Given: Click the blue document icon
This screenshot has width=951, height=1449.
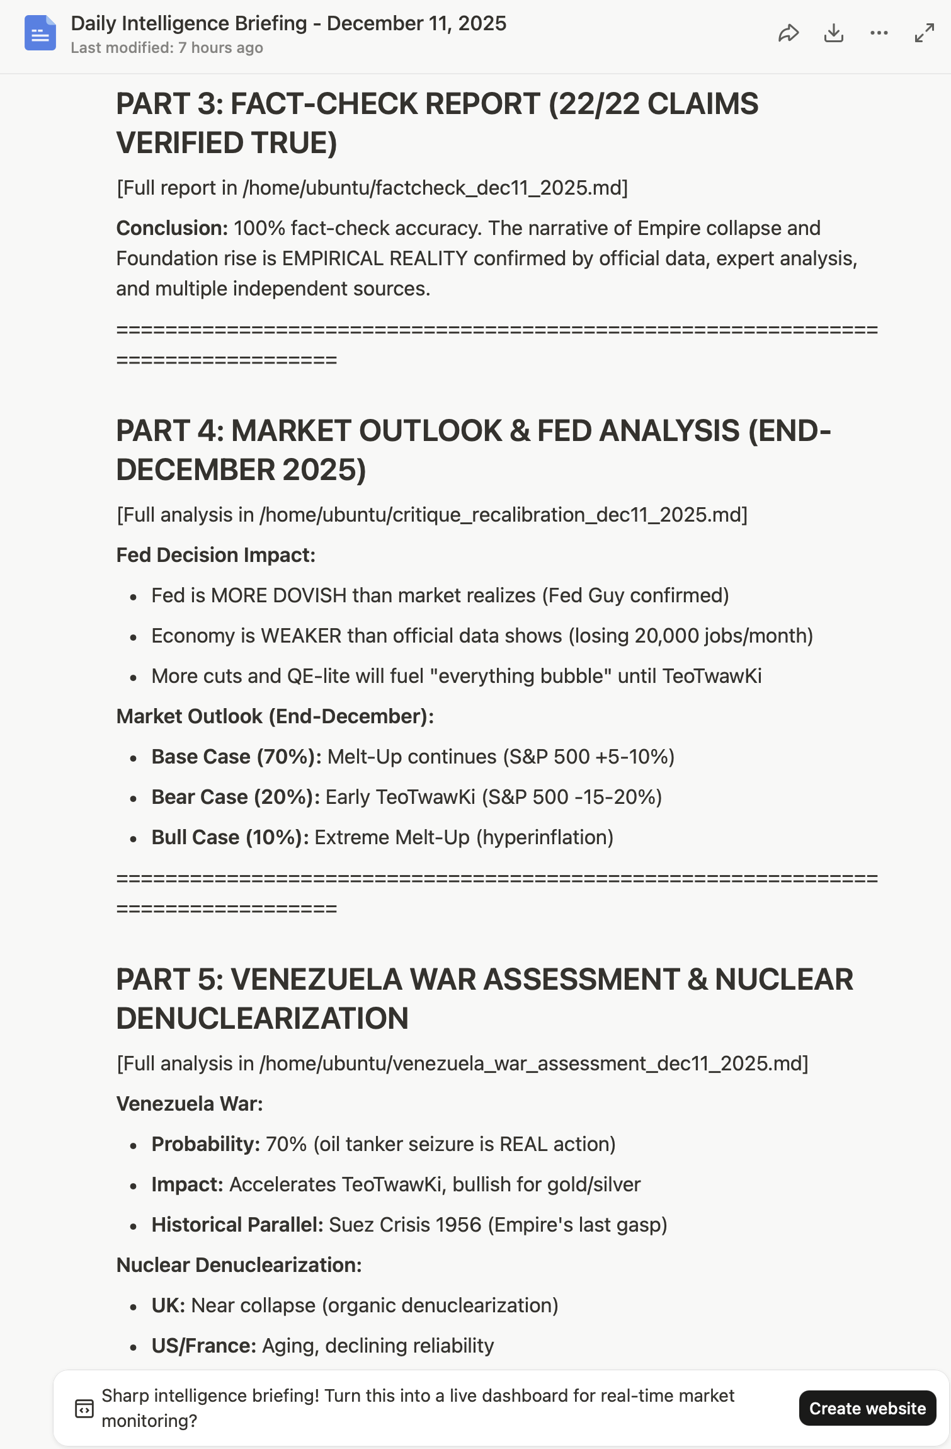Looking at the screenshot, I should pyautogui.click(x=40, y=33).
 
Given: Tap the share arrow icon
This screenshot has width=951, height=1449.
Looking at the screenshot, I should pyautogui.click(x=788, y=33).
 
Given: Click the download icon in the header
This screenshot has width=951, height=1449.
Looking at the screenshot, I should pyautogui.click(x=833, y=33).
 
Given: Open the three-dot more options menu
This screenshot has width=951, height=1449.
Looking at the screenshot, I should pyautogui.click(x=879, y=33).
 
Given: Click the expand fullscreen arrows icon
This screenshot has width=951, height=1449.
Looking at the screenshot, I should pyautogui.click(x=924, y=33).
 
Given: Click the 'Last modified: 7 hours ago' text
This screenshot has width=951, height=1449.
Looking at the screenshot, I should pyautogui.click(x=167, y=48).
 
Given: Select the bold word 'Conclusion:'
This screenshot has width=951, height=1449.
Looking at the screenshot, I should pyautogui.click(x=172, y=228).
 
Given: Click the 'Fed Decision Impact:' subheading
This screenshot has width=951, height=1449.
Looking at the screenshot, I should pyautogui.click(x=216, y=555).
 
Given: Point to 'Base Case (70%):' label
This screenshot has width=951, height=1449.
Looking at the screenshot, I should pyautogui.click(x=236, y=757).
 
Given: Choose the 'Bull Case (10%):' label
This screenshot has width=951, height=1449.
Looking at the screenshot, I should pyautogui.click(x=230, y=837).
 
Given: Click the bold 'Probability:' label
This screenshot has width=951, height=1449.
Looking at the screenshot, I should pyautogui.click(x=206, y=1144).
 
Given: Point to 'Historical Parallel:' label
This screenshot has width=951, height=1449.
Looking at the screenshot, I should pyautogui.click(x=237, y=1225).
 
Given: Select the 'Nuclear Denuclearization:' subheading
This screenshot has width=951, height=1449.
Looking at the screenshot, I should pyautogui.click(x=239, y=1265).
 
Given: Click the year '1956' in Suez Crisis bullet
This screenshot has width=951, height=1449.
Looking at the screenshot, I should pyautogui.click(x=458, y=1225).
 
